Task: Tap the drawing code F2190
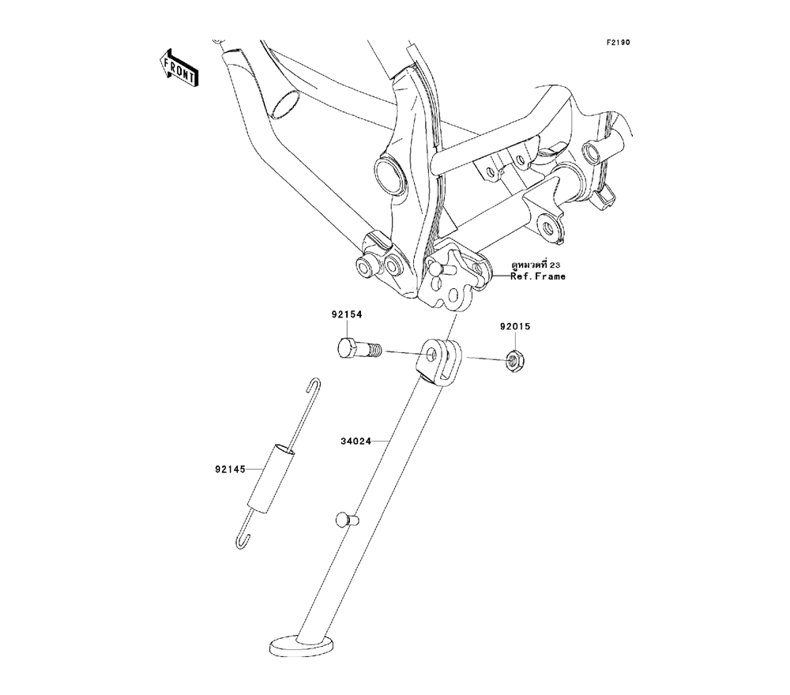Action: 619,43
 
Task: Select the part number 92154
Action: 346,315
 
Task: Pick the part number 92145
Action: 229,468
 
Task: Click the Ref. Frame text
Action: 538,277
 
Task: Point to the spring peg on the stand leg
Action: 344,520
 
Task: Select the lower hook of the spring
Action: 244,539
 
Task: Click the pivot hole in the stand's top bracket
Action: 431,356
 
